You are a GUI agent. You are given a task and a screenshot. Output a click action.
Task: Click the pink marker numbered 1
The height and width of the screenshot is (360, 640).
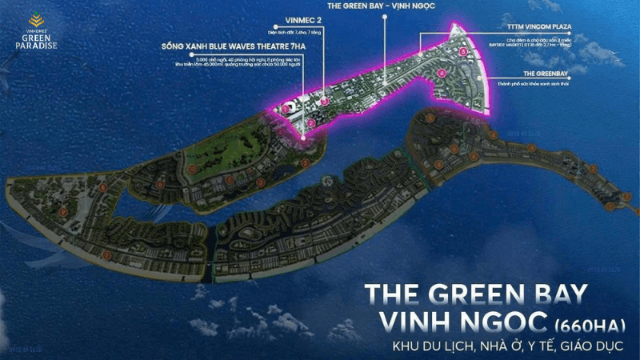tap(286, 107)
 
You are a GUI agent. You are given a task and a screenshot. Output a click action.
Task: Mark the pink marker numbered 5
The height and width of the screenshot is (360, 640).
tap(462, 50)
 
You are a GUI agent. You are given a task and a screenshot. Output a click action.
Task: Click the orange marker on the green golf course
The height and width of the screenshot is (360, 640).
tap(192, 170)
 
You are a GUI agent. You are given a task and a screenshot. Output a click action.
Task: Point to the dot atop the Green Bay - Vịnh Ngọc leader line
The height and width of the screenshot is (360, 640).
tap(384, 16)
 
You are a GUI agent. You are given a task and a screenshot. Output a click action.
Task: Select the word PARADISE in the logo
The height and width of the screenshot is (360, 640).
tap(33, 45)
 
